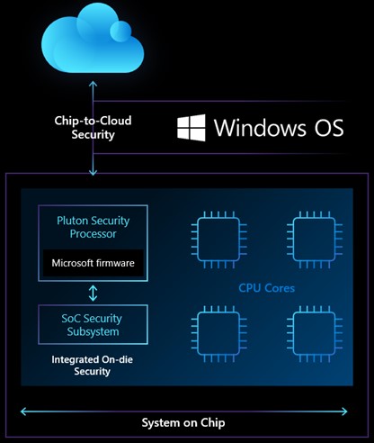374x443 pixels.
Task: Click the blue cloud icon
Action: point(92,40)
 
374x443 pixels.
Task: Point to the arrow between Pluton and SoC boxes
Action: point(92,293)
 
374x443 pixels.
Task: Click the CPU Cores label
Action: point(266,288)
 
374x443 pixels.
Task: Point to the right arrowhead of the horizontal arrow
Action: point(348,411)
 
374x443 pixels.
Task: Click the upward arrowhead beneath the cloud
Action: point(92,84)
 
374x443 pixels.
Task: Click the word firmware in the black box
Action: point(115,263)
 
